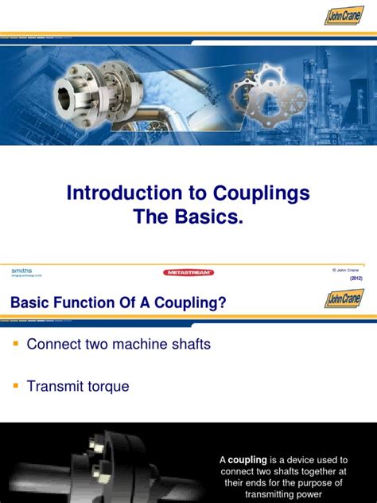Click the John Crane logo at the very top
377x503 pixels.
click(344, 15)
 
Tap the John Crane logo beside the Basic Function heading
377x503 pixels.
click(344, 299)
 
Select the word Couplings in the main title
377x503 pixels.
click(263, 193)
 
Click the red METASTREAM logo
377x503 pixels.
click(188, 272)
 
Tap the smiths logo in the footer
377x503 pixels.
click(21, 271)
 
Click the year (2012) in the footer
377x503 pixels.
click(356, 279)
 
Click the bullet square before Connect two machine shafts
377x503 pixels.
click(14, 344)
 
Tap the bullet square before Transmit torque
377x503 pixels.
click(14, 386)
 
